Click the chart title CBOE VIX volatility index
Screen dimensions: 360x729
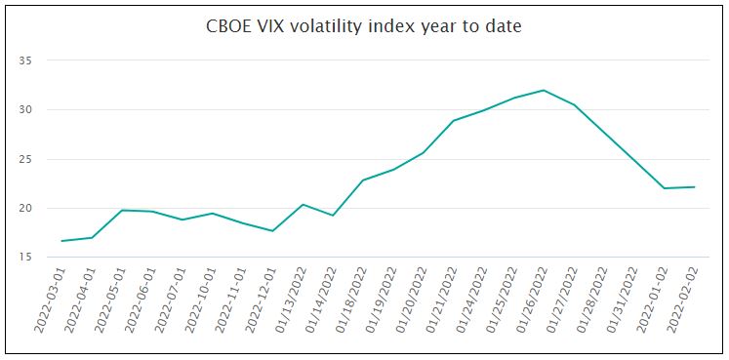click(x=364, y=26)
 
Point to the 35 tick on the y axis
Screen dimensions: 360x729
click(x=26, y=60)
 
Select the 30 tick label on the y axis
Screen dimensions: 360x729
click(x=26, y=109)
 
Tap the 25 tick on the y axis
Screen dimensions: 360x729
click(x=26, y=159)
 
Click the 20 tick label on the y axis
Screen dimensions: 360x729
click(x=26, y=208)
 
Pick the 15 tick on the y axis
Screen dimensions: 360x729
click(x=26, y=257)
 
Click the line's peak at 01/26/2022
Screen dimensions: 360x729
click(x=544, y=91)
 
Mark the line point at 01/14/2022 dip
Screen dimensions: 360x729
click(x=333, y=215)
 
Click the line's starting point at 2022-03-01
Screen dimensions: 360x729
click(x=62, y=241)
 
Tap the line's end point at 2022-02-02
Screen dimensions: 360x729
click(x=694, y=186)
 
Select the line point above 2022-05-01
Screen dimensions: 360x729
click(x=122, y=210)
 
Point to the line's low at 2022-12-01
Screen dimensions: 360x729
click(x=272, y=230)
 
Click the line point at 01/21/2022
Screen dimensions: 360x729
click(x=454, y=120)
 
